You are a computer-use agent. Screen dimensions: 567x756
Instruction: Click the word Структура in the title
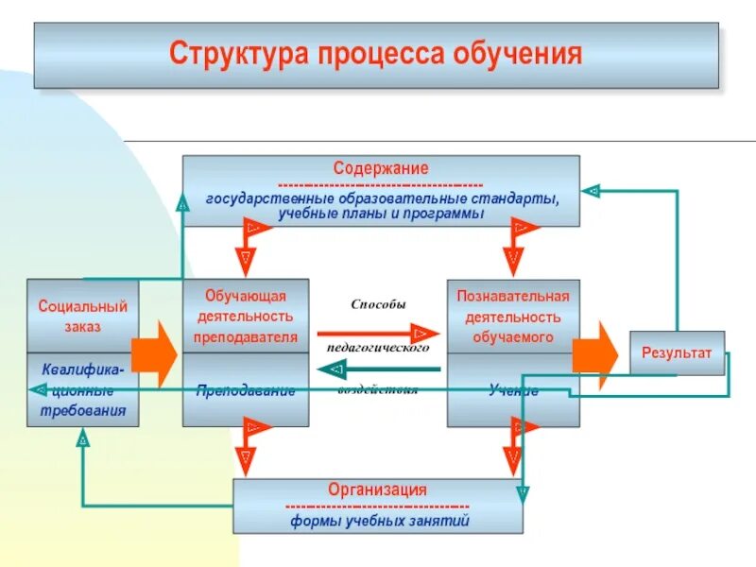pos(227,53)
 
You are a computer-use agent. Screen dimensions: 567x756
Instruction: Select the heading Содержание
pos(380,168)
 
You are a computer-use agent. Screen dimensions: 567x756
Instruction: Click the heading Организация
pos(377,490)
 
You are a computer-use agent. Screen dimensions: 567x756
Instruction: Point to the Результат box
pos(677,352)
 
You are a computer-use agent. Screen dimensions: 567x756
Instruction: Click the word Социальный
pos(82,306)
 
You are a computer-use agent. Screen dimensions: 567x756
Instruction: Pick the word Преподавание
pos(245,390)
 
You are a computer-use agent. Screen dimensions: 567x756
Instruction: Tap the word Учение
pos(513,390)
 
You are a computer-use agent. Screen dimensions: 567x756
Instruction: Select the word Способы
pos(378,305)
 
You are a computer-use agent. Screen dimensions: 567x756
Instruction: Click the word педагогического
pos(378,347)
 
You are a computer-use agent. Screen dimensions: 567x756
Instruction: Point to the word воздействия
pos(378,389)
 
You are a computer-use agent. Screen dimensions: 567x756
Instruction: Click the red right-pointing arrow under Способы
pos(378,334)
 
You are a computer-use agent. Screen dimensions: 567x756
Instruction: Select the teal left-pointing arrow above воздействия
pos(378,369)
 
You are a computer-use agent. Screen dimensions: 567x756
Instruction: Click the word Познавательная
pos(513,295)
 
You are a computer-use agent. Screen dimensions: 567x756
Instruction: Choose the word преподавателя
pos(245,336)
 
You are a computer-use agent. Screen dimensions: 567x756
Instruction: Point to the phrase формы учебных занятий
pos(379,520)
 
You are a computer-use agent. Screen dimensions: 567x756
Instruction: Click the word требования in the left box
pos(82,411)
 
